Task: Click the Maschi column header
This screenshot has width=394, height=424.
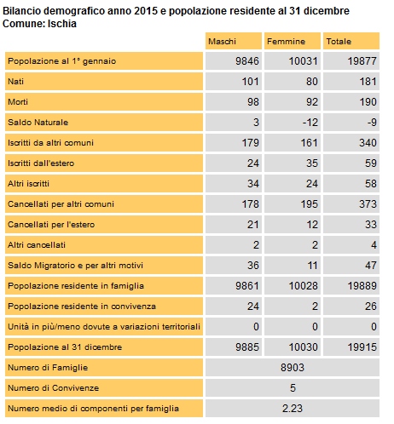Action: tap(222, 42)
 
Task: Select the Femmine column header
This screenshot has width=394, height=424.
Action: tap(286, 42)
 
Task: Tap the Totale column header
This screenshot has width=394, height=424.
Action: tap(339, 42)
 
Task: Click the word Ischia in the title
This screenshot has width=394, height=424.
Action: tap(62, 24)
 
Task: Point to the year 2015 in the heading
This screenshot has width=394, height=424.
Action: tap(146, 11)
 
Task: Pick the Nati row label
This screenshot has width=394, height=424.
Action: tap(15, 82)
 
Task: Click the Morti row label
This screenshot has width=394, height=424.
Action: tap(18, 102)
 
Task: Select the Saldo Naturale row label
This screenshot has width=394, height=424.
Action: tap(38, 123)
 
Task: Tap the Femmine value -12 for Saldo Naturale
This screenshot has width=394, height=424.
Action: tap(310, 123)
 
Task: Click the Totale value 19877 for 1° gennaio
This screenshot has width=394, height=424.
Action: tap(362, 61)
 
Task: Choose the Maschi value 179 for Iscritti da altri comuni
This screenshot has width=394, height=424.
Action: tap(250, 143)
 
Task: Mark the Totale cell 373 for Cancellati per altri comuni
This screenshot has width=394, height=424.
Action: tap(368, 204)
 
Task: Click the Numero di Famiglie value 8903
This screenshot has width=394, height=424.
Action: tap(293, 368)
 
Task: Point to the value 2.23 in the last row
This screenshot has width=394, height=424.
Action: tap(293, 409)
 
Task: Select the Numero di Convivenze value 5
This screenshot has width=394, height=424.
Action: tap(293, 388)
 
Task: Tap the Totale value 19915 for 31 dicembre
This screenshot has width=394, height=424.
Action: tap(362, 347)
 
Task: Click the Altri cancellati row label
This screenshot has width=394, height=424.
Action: tap(37, 245)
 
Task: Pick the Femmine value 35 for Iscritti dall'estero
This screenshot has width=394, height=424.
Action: tap(312, 163)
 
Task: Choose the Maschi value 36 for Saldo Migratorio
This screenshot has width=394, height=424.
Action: tap(253, 266)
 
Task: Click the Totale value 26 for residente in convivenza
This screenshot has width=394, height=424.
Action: tap(371, 307)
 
